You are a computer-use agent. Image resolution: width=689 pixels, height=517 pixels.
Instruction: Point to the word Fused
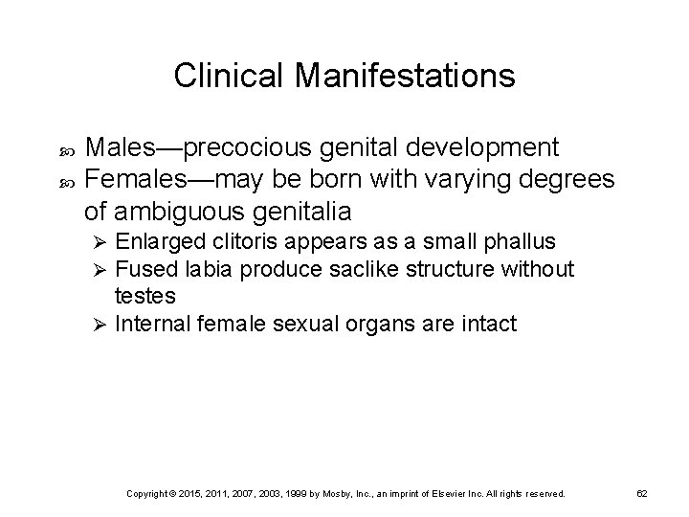point(140,271)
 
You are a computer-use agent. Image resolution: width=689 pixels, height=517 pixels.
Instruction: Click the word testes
point(139,297)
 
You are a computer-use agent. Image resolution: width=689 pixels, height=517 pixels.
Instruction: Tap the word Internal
point(147,325)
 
